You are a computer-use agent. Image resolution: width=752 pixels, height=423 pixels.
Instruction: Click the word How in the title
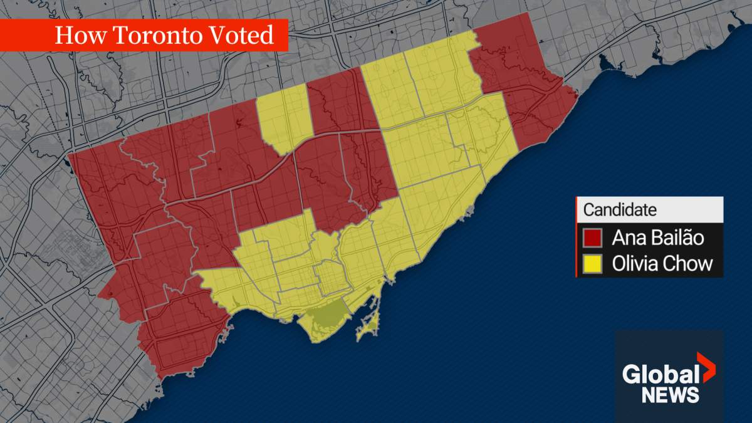point(74,35)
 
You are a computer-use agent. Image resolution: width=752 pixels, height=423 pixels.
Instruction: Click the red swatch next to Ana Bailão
point(593,238)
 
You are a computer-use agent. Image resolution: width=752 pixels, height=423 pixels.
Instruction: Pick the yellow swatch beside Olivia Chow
point(593,264)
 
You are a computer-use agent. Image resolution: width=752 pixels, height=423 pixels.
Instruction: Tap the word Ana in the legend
point(627,238)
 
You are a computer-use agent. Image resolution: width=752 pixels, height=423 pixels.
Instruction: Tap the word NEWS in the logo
point(670,395)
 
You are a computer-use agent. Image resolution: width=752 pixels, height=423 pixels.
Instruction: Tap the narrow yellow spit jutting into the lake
point(370,323)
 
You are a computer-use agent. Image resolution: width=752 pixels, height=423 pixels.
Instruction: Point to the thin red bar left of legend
point(577,237)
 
